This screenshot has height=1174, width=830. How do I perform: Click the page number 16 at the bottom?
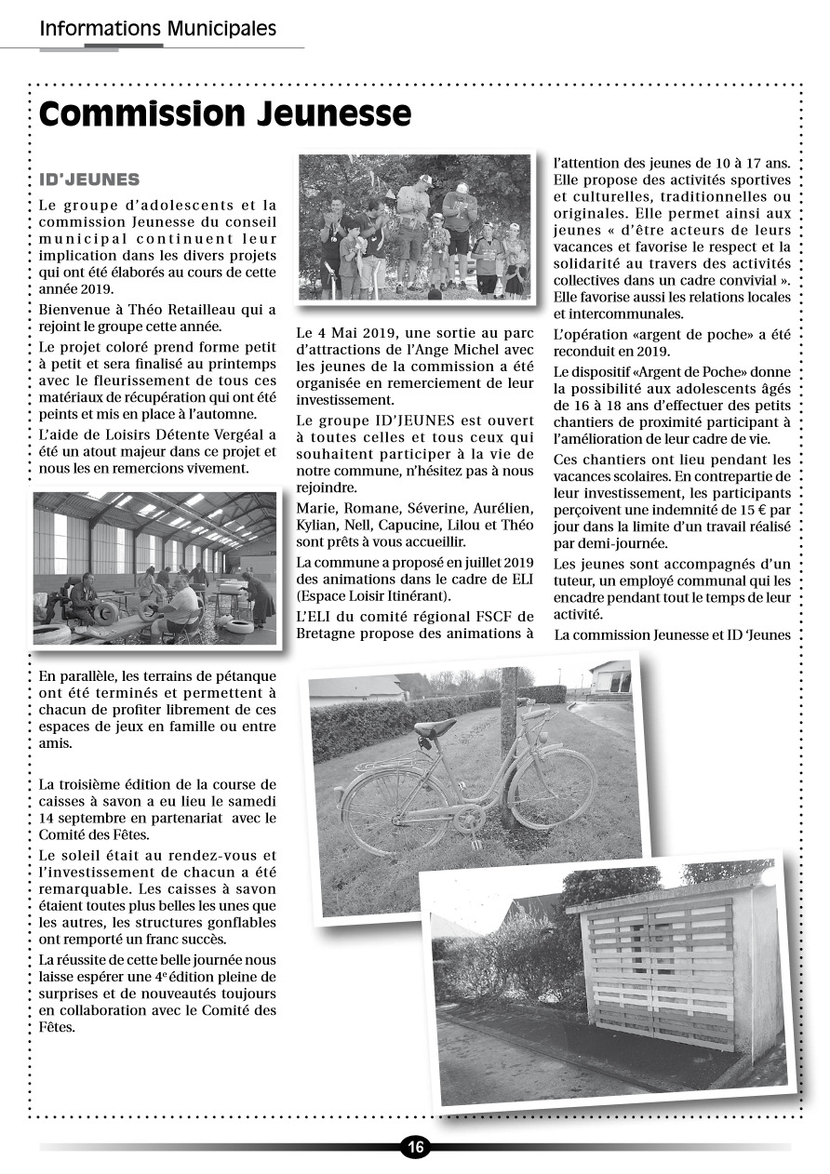point(415,1147)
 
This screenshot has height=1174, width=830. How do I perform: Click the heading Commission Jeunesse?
point(225,113)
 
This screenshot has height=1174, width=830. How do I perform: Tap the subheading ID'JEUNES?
point(89,180)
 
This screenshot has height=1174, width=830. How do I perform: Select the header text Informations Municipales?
point(158,29)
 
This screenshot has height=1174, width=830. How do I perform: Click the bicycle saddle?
point(435,727)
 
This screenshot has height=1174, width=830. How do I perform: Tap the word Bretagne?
point(328,634)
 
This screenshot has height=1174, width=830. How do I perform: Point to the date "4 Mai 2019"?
point(351,332)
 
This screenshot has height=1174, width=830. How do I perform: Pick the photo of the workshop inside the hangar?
point(154,568)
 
